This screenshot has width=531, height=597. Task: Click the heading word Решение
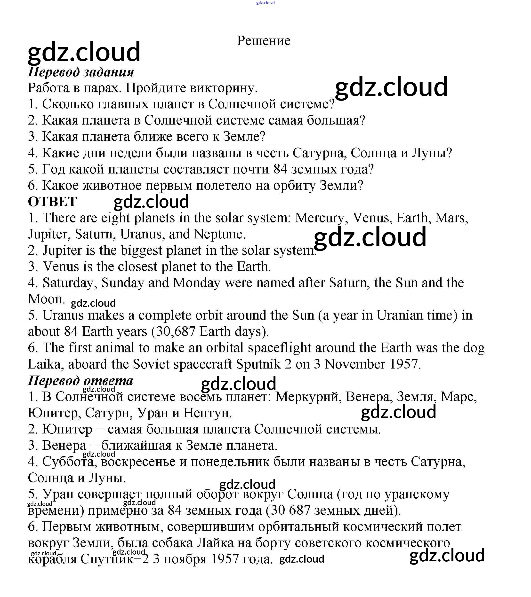[263, 41]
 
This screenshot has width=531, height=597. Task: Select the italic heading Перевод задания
[81, 72]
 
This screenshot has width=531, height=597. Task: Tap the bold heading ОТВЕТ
[52, 202]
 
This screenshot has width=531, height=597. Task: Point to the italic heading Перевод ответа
[80, 380]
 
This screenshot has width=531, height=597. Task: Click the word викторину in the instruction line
[223, 88]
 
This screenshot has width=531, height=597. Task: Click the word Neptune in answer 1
[219, 234]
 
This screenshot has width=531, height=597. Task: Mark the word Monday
[196, 283]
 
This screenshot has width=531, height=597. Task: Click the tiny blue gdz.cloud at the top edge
[265, 3]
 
